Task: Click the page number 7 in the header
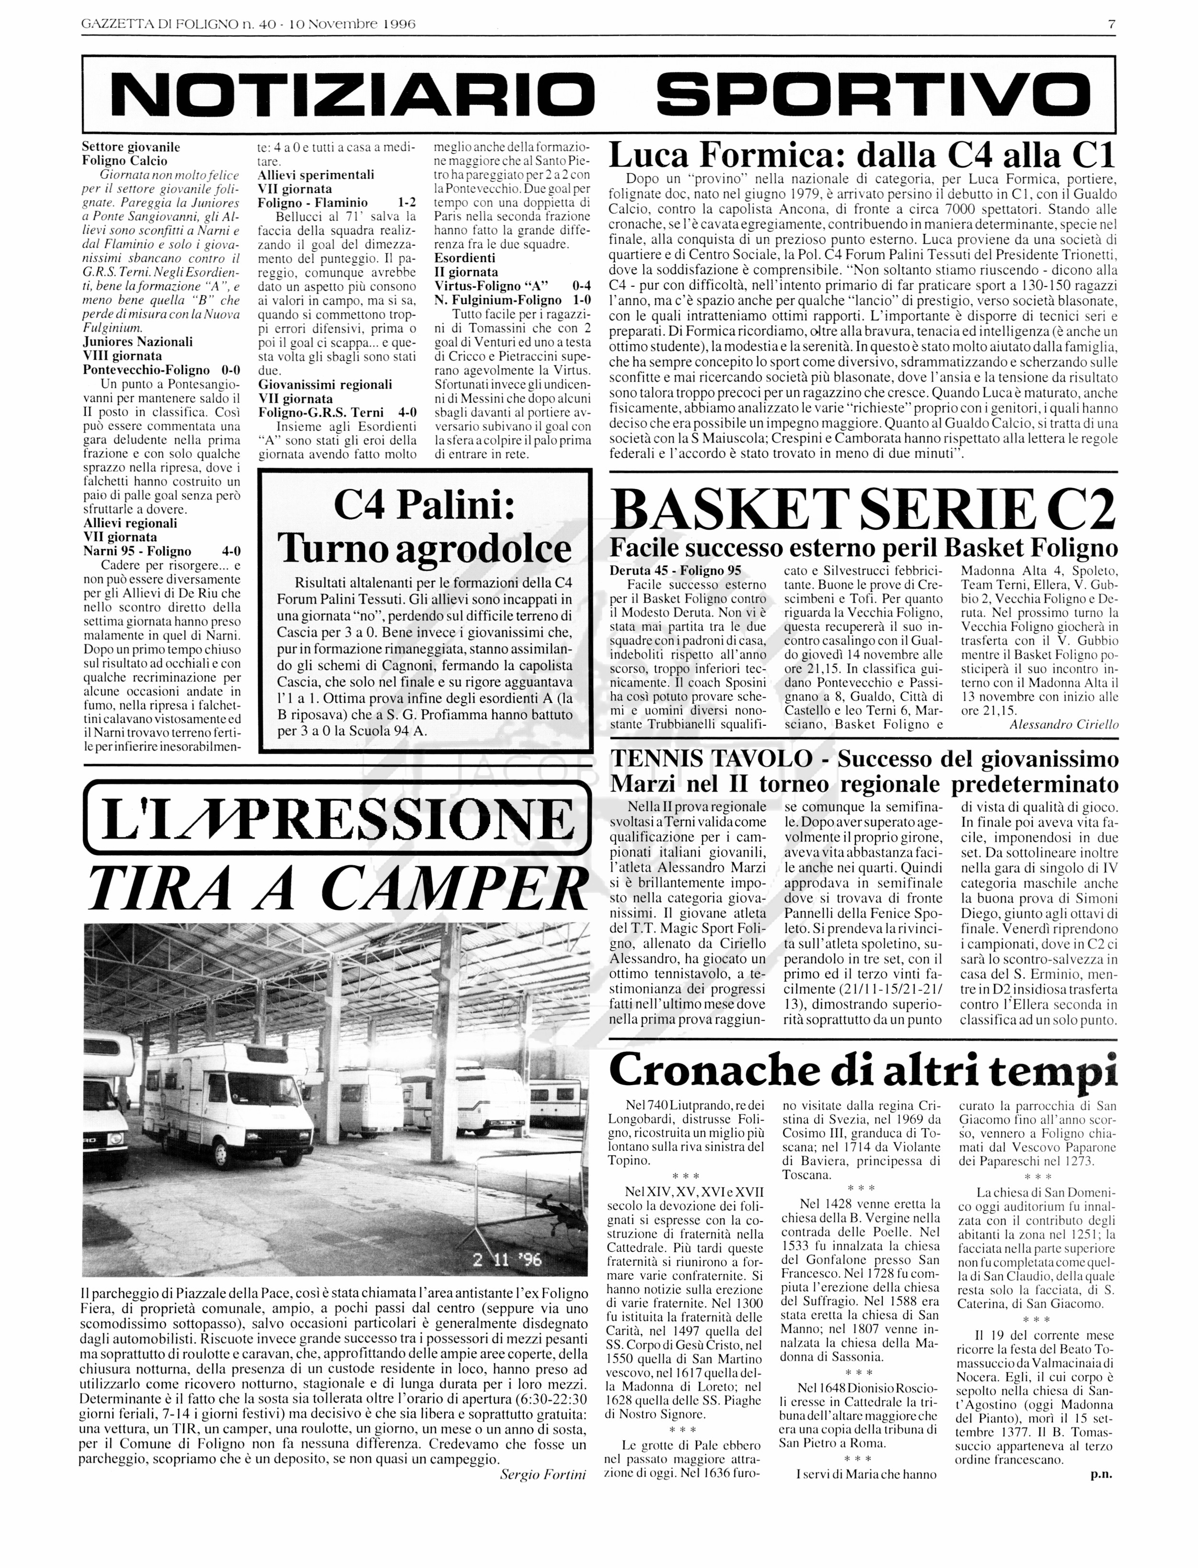tap(1111, 23)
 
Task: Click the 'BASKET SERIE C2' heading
tap(863, 509)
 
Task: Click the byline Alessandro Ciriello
tap(1064, 725)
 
